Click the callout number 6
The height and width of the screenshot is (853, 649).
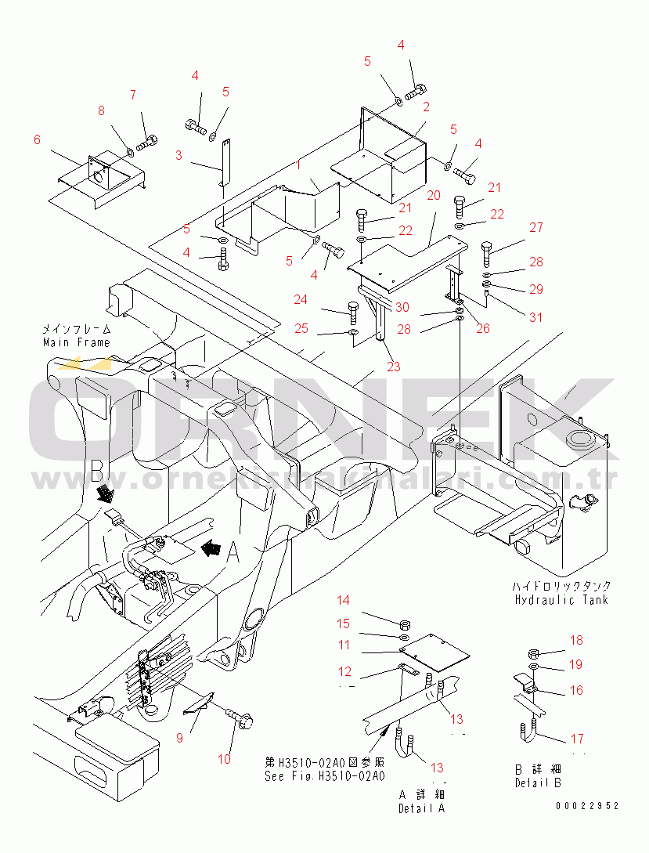point(37,139)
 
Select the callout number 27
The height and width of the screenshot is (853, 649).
point(535,228)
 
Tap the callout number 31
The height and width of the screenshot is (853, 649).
point(535,317)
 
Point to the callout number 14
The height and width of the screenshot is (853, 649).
point(344,601)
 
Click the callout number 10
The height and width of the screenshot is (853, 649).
point(225,759)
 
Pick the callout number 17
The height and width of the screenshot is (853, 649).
point(576,738)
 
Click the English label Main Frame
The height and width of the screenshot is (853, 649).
point(77,342)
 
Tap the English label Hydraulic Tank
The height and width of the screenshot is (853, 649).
point(561,600)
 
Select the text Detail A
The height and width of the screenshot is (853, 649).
point(421,808)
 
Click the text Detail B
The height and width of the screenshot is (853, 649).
point(538,783)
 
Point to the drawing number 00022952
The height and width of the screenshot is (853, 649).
point(587,806)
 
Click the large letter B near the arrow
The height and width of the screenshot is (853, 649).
point(98,470)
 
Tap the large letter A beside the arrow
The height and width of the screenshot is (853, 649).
point(233,554)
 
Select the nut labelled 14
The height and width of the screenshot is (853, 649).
point(406,624)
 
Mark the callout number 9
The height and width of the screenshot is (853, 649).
point(179,737)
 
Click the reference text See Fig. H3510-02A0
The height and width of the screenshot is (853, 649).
point(324,776)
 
